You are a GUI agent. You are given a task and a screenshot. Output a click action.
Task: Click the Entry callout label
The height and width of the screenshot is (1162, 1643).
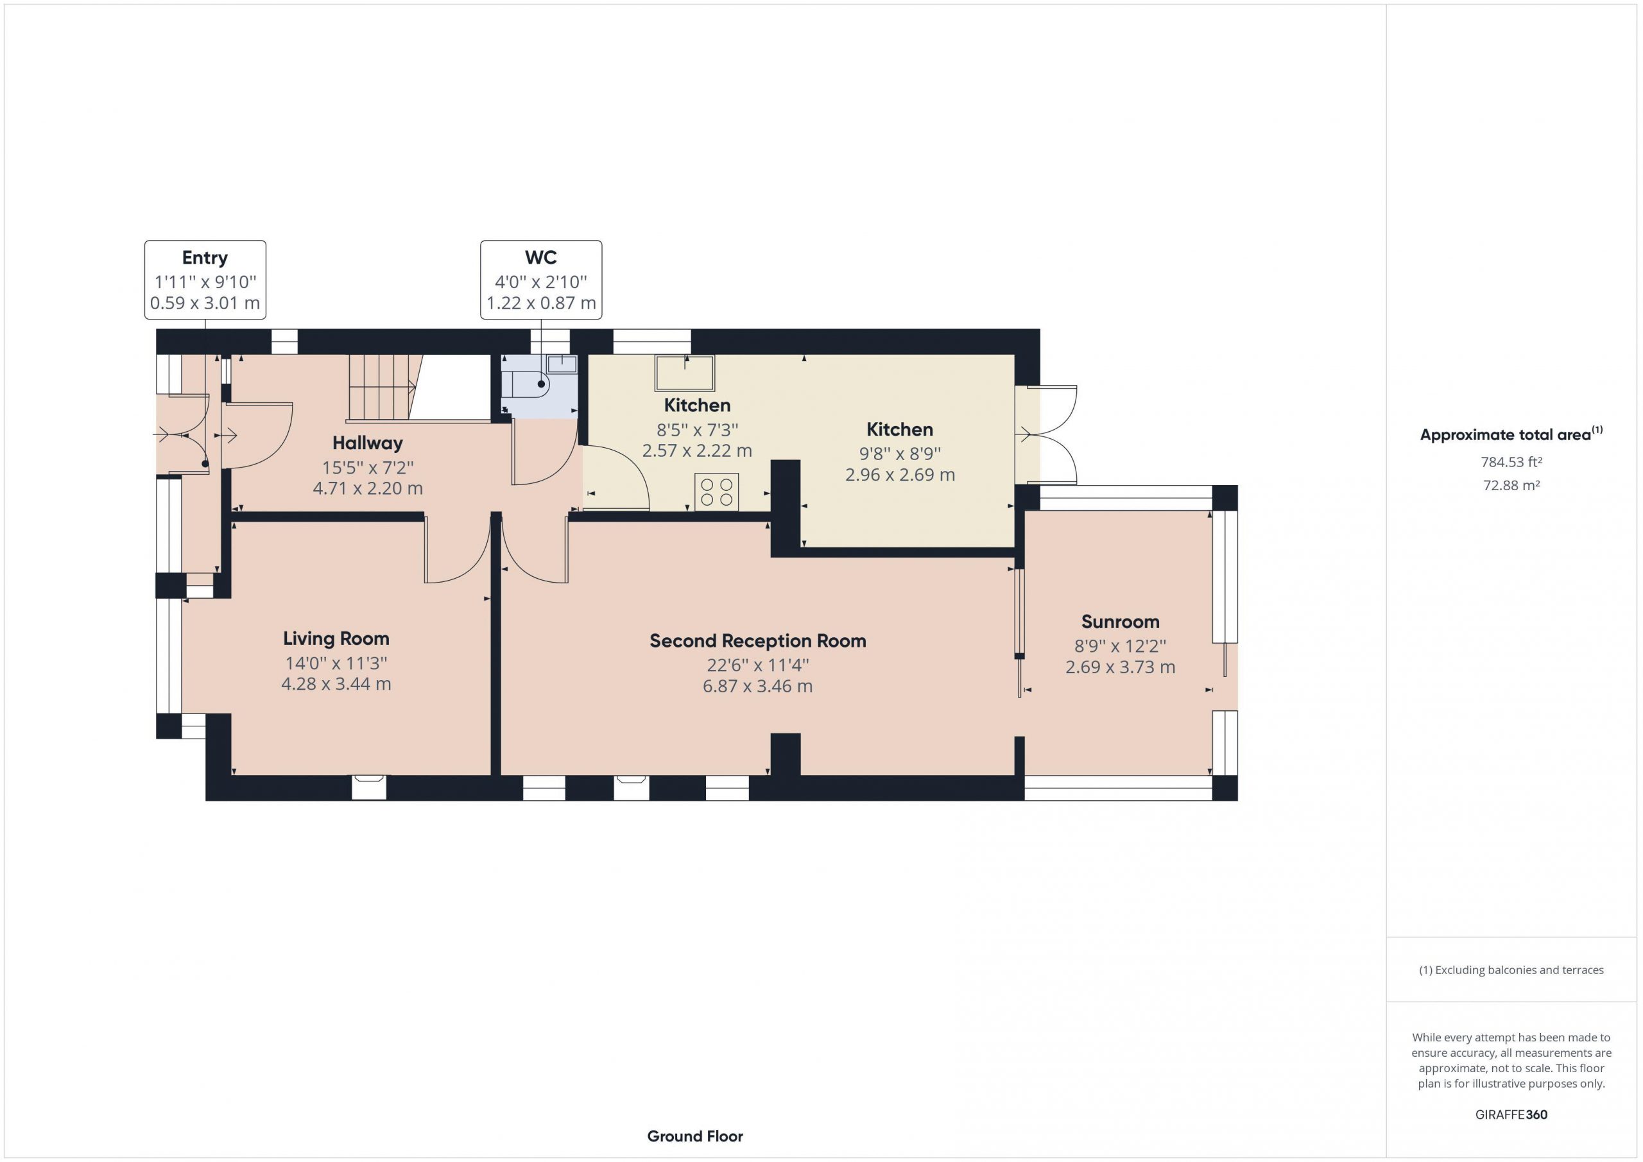[205, 279]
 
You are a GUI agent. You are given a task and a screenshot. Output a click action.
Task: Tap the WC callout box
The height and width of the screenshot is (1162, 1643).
[541, 279]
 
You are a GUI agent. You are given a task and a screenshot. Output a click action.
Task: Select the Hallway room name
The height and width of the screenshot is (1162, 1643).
[367, 443]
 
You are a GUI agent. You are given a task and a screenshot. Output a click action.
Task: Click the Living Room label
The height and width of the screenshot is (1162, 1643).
[336, 638]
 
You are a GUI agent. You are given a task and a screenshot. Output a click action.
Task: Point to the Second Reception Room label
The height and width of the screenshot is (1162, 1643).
[758, 640]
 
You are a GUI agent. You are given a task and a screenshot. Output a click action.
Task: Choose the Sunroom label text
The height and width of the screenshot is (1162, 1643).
[1120, 621]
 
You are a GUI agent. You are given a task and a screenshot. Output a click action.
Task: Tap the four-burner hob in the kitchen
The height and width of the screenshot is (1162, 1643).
[716, 492]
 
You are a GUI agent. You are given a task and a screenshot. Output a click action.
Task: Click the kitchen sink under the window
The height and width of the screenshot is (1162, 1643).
[685, 373]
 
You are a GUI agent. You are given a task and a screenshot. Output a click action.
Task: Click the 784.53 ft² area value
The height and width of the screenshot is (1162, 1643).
[1511, 462]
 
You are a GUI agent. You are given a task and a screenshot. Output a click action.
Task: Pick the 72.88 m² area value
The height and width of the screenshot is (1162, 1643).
[1511, 485]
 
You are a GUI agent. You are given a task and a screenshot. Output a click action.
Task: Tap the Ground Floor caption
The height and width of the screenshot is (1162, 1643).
[695, 1136]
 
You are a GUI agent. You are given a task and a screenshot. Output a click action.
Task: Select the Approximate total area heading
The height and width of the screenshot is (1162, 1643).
[1511, 434]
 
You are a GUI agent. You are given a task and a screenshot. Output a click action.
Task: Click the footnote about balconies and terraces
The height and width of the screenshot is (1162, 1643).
[1511, 970]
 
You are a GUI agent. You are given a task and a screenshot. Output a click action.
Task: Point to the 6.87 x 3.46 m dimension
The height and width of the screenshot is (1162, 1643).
[758, 686]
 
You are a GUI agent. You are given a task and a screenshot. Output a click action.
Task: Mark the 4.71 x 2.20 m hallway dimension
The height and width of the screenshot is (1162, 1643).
[368, 489]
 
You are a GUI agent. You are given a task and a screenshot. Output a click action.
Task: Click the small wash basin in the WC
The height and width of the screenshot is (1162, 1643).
[562, 363]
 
